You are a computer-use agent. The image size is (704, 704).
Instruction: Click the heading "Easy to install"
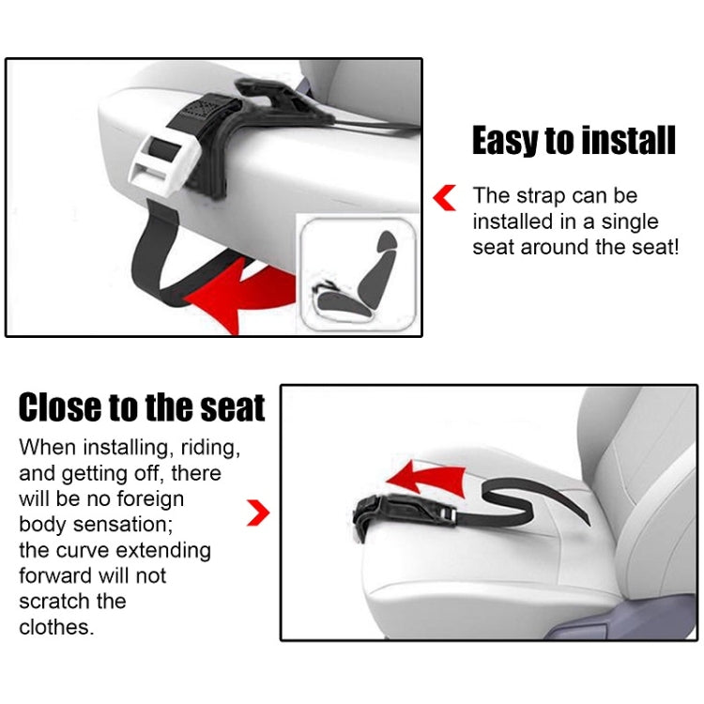pos(574,141)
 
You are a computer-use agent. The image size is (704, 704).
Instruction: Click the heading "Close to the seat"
pos(142,408)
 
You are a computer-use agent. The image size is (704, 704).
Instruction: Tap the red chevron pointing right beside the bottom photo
pos(258,513)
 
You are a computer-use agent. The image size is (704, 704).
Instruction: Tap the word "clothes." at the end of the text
pos(56,627)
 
